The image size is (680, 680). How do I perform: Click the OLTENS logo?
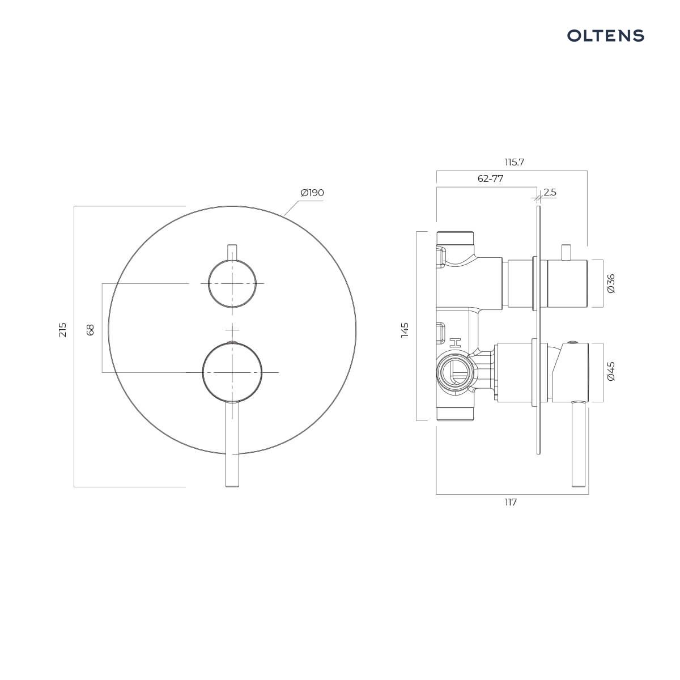tap(605, 36)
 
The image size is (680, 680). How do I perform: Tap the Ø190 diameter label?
tap(312, 193)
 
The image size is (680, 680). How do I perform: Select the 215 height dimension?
tap(62, 330)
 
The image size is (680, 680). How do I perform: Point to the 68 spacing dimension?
tap(90, 330)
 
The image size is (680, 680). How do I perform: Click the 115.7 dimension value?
tap(514, 162)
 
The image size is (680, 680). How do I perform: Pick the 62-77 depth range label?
tap(490, 178)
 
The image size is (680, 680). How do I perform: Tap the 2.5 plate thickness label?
tap(550, 192)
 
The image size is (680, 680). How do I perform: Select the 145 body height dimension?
tap(405, 330)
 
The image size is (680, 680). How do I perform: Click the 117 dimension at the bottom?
tap(511, 502)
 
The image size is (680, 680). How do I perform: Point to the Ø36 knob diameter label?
tap(611, 283)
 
